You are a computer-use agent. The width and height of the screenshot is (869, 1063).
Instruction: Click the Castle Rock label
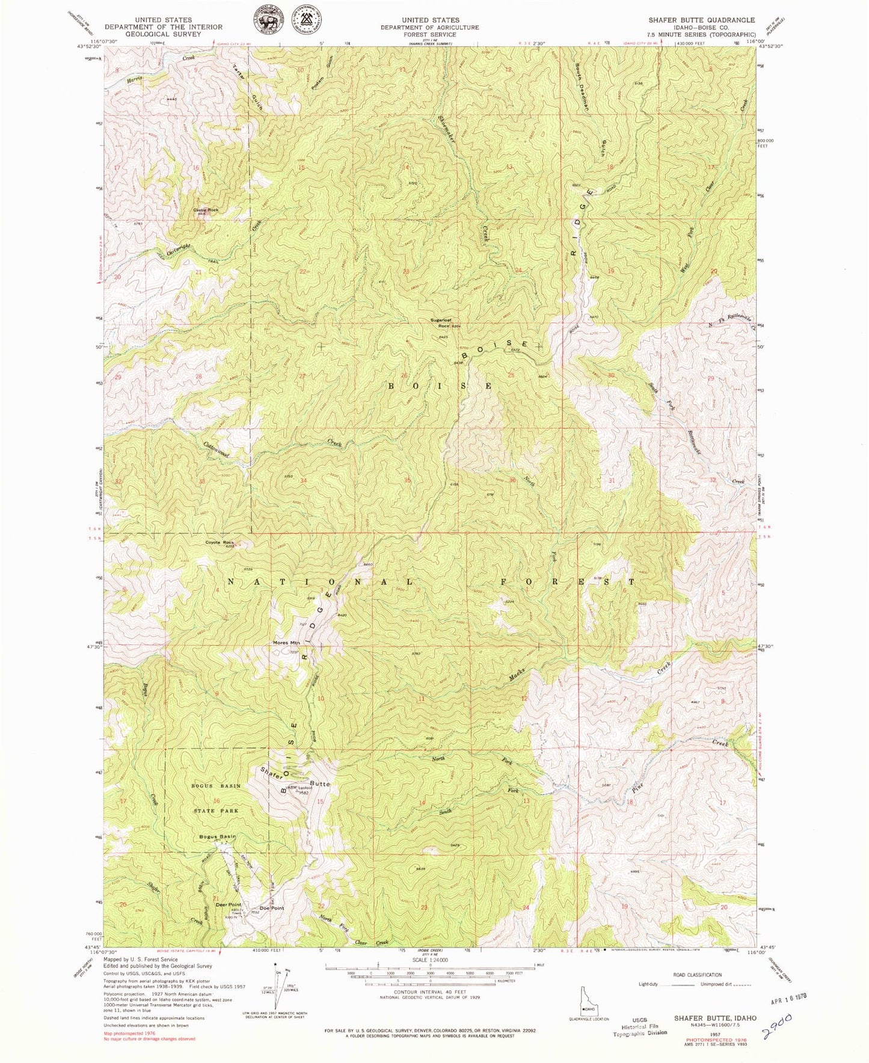click(206, 210)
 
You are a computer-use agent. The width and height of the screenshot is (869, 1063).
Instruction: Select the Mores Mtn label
click(286, 643)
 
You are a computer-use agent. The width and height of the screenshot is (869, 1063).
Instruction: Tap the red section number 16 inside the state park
click(216, 801)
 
